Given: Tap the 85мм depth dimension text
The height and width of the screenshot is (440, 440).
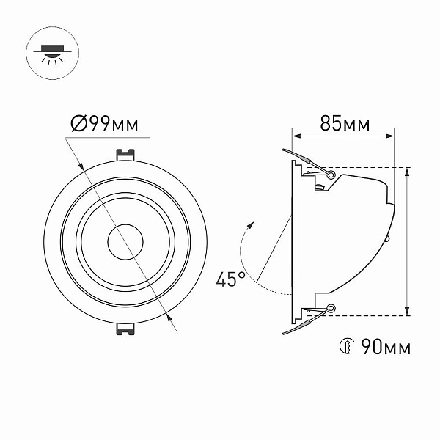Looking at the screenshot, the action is tap(345, 123).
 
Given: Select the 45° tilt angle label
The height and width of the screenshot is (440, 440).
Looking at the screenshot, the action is tap(231, 279).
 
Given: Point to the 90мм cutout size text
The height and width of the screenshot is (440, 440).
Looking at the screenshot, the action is tap(386, 347).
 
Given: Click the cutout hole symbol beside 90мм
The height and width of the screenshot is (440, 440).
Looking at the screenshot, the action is tap(347, 346).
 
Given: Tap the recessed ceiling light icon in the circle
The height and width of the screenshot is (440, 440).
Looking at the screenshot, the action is tap(53, 53).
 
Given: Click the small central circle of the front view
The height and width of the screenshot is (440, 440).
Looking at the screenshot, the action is tap(125, 242).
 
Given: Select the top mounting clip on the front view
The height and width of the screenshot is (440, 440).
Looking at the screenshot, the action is tap(125, 155).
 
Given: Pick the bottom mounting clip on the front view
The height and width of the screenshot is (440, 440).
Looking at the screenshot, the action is tap(125, 329).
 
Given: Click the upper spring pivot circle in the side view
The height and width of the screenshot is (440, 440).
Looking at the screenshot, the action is tap(331, 175).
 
